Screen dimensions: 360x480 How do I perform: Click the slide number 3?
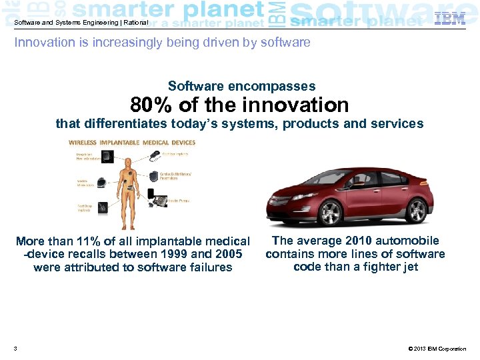click(15, 349)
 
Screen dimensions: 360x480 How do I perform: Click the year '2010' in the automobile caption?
click(363, 241)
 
